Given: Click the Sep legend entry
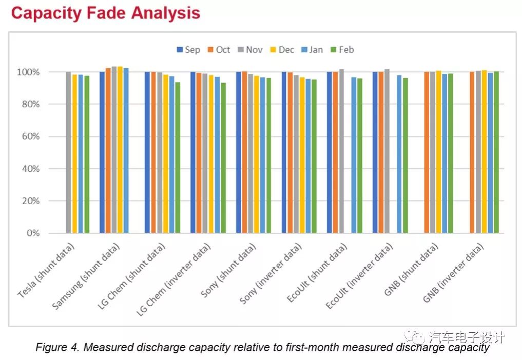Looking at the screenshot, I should click(x=188, y=50).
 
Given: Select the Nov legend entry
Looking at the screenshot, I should click(x=250, y=50).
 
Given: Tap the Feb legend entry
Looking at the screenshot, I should click(x=342, y=50).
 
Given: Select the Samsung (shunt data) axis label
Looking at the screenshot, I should click(x=87, y=276).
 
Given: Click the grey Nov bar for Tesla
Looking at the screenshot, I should click(x=68, y=152).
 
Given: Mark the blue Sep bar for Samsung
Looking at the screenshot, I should click(x=102, y=152).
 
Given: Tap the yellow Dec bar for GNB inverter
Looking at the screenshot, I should click(x=484, y=152).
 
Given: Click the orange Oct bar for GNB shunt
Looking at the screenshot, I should click(x=427, y=152).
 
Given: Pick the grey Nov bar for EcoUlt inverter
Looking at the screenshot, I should click(x=387, y=151).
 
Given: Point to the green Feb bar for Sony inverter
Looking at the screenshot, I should click(x=314, y=156).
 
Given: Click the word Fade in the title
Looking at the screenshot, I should click(x=104, y=13).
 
